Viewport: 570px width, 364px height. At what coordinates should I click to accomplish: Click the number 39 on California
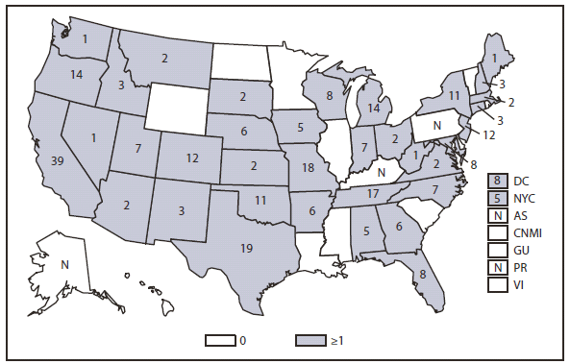point(58,160)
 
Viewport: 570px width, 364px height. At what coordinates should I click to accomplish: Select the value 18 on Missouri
point(308,167)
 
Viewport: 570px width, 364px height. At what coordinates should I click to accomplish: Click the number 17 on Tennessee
point(372,194)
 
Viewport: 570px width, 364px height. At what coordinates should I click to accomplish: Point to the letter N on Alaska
point(63,263)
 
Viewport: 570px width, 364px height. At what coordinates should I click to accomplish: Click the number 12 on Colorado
point(191,157)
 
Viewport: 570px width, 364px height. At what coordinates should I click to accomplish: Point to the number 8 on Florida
point(422,274)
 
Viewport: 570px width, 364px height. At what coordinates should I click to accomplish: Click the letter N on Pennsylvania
point(437,125)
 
